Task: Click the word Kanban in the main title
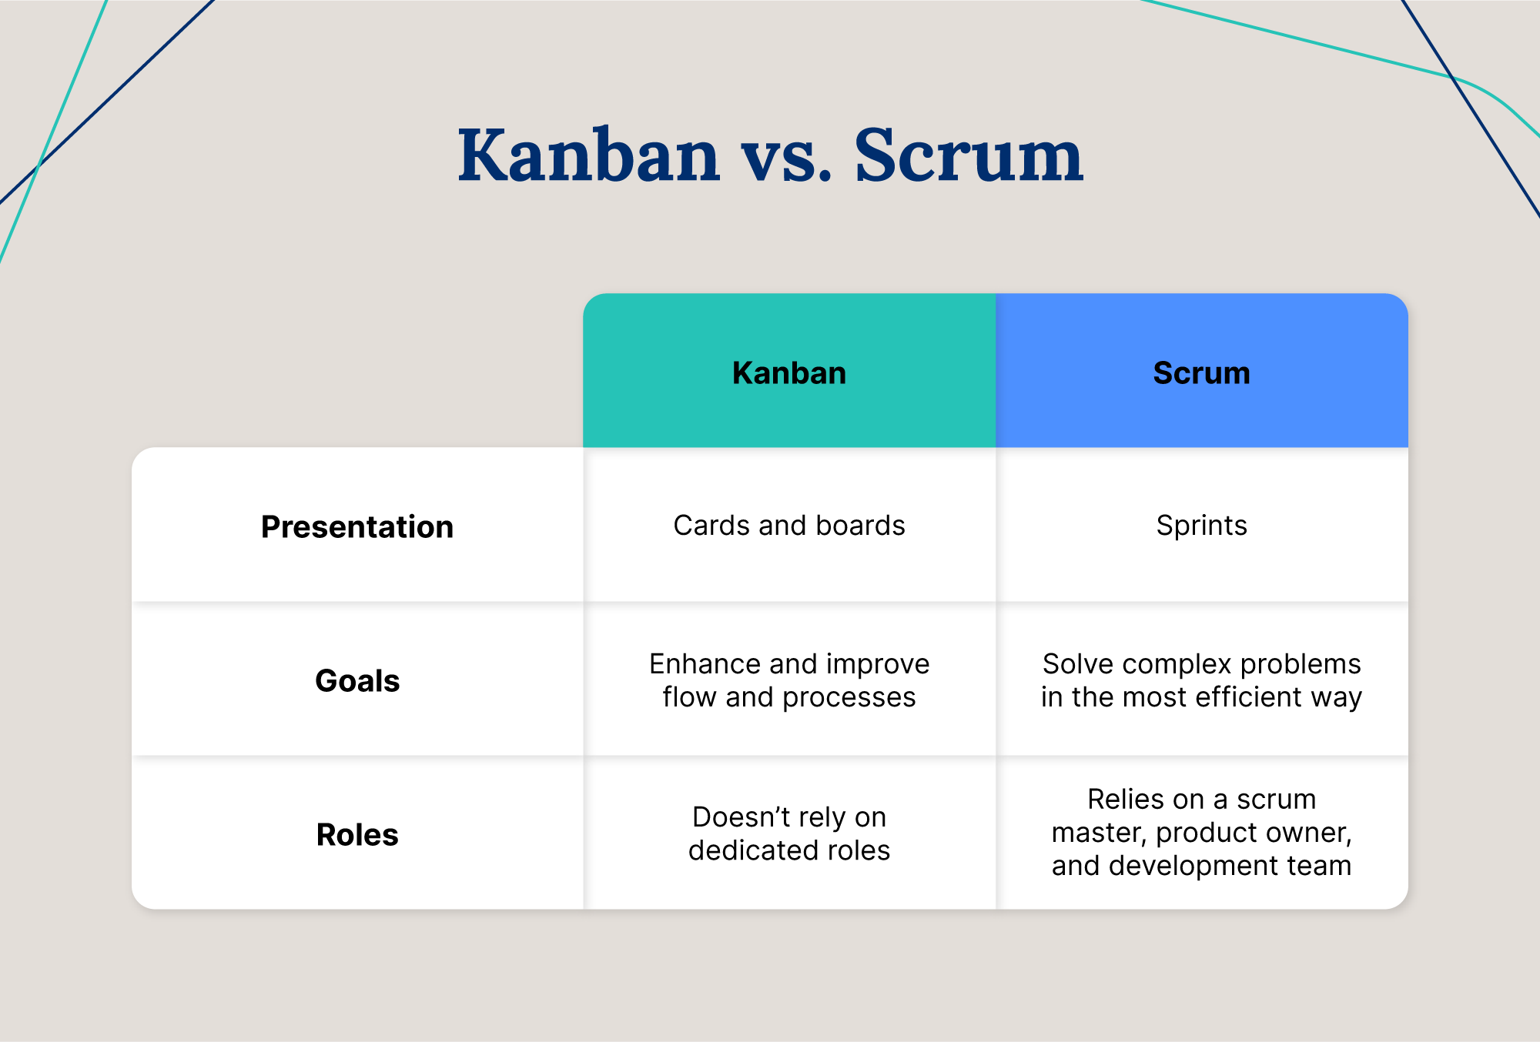tap(588, 156)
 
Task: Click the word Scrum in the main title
tap(968, 156)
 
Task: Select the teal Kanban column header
tap(788, 372)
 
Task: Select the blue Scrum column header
tap(1201, 372)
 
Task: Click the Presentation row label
tap(357, 527)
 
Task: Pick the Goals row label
tap(357, 681)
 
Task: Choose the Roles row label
tap(357, 835)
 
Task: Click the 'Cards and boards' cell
tap(788, 526)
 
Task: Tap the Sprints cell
tap(1201, 526)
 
